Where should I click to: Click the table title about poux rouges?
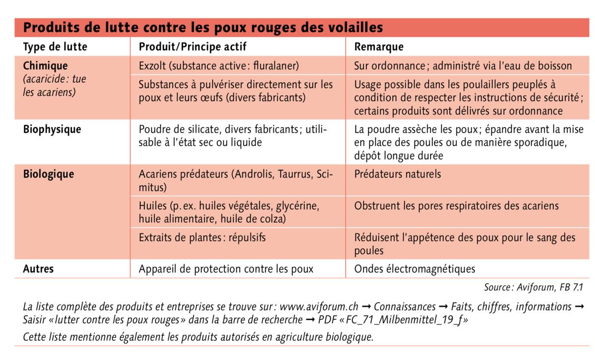pyautogui.click(x=203, y=27)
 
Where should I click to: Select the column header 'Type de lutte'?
pyautogui.click(x=55, y=47)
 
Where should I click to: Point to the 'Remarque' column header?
pyautogui.click(x=379, y=47)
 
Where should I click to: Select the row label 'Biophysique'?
pyautogui.click(x=52, y=130)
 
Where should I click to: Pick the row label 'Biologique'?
pyautogui.click(x=49, y=175)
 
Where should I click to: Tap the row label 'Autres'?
pyautogui.click(x=39, y=269)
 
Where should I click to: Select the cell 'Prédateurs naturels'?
pyautogui.click(x=398, y=175)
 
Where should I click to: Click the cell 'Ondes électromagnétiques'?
pyautogui.click(x=415, y=269)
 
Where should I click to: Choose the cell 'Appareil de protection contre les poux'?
pyautogui.click(x=226, y=269)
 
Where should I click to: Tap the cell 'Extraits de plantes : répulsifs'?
pyautogui.click(x=202, y=238)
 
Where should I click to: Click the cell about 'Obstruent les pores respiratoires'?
pyautogui.click(x=456, y=206)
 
